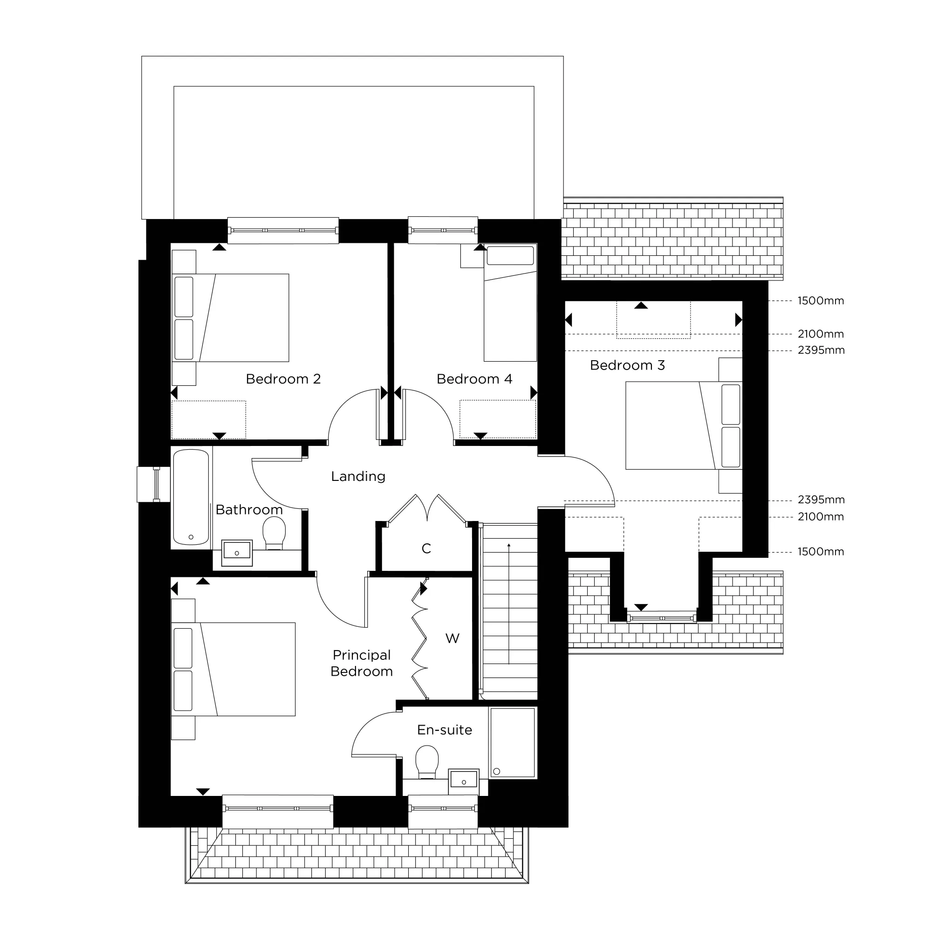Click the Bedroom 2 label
[x=283, y=379]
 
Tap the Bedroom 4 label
[x=474, y=379]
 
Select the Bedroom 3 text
[x=627, y=366]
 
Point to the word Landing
[x=358, y=477]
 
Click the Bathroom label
[x=249, y=510]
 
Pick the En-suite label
[x=444, y=730]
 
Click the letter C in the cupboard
[x=426, y=548]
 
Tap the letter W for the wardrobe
[x=452, y=639]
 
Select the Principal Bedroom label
[x=361, y=663]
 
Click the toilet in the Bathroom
[x=274, y=533]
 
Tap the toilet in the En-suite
[x=427, y=762]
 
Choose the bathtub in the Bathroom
[x=191, y=497]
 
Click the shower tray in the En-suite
[x=512, y=742]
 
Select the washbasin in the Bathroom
[x=237, y=552]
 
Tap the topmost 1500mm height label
[x=820, y=301]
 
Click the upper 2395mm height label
[x=821, y=350]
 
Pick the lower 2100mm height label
[x=820, y=517]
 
